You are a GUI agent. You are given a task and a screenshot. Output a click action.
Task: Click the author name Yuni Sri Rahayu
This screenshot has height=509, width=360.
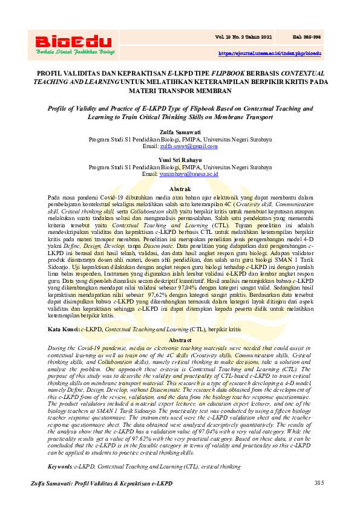[180, 160]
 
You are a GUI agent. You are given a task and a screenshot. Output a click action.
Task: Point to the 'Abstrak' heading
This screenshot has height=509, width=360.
[180, 189]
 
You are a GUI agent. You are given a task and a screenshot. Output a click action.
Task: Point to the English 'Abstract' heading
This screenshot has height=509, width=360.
[180, 340]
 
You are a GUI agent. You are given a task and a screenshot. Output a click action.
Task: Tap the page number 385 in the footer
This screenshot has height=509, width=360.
[319, 483]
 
